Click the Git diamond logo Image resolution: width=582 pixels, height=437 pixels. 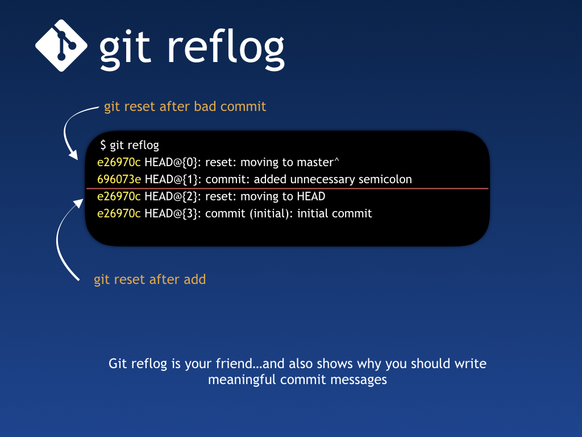click(61, 46)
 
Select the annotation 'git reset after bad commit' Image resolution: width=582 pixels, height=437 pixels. click(185, 106)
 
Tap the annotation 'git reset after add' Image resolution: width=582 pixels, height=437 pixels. click(149, 279)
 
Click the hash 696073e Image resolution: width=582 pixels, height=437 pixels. click(119, 179)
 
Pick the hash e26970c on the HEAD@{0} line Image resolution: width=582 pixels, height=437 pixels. click(119, 162)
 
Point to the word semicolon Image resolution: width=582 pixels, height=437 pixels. click(385, 179)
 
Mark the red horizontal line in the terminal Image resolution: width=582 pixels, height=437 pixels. click(287, 188)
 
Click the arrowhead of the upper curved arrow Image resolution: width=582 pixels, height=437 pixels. click(73, 155)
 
